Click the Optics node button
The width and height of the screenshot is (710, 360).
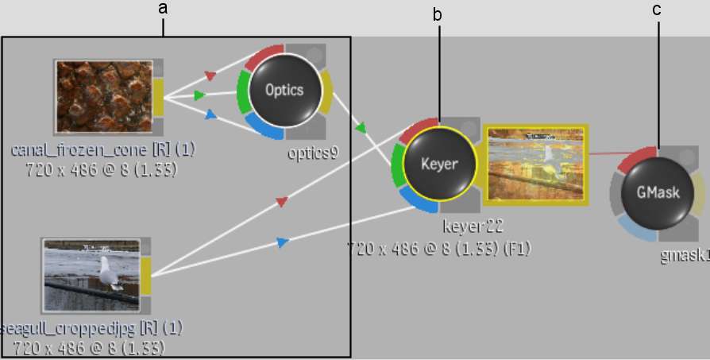[284, 90]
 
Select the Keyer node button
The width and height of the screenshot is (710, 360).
[438, 165]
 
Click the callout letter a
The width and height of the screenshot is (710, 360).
[164, 10]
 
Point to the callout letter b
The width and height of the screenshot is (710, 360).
[437, 14]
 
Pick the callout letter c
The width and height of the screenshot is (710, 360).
[656, 10]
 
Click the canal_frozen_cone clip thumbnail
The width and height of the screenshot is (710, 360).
[102, 96]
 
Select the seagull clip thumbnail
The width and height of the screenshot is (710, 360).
[91, 275]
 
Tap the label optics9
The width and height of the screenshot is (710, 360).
[312, 153]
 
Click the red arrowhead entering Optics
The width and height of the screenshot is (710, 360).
[210, 75]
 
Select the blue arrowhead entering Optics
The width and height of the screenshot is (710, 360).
[210, 114]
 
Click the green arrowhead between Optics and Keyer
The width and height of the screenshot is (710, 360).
[361, 127]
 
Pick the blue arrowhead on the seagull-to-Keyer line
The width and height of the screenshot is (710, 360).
[282, 242]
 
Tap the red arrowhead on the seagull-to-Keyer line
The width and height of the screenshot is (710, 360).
[280, 203]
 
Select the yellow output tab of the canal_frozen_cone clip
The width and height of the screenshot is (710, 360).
[158, 96]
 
